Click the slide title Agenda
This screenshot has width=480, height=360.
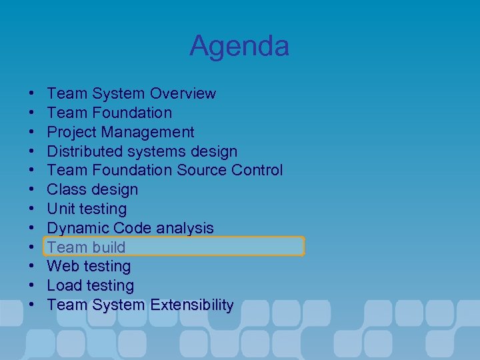239,46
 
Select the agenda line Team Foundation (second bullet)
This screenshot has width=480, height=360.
109,113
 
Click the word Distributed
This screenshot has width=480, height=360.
82,151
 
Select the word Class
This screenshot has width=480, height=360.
67,189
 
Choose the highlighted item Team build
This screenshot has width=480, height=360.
86,247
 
